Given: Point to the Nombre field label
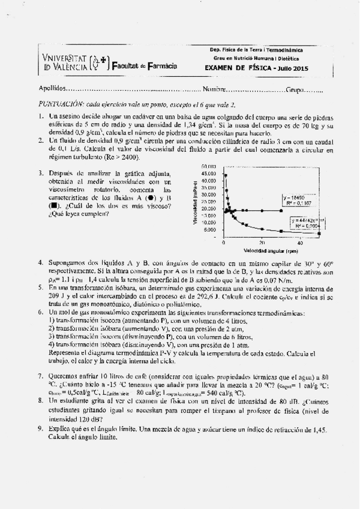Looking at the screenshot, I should click(x=214, y=90).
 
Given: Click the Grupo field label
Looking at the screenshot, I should click(x=295, y=90).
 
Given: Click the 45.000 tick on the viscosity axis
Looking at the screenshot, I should click(x=209, y=173).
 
